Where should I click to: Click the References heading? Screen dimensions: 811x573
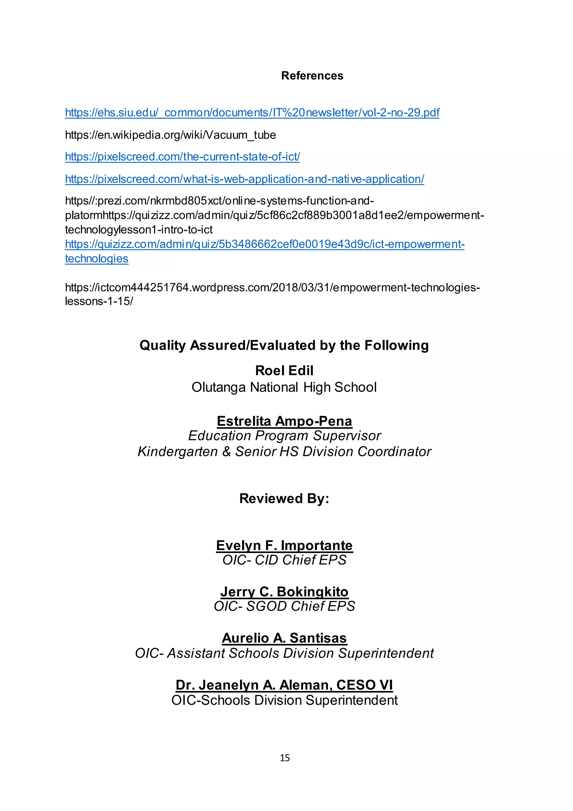click(x=312, y=76)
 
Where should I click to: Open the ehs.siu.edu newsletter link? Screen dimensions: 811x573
click(x=252, y=113)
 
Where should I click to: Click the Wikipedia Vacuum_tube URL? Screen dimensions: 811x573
click(x=170, y=135)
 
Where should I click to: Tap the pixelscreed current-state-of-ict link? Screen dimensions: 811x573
click(x=182, y=157)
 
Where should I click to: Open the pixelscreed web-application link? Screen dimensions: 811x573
click(x=244, y=179)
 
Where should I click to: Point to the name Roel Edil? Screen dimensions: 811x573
click(x=284, y=370)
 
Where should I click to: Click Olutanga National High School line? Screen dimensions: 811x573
click(x=284, y=387)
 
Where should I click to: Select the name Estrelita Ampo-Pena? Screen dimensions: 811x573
click(x=284, y=421)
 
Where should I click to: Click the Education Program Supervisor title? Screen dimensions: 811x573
click(x=284, y=436)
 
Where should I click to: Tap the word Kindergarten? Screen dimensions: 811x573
click(x=177, y=452)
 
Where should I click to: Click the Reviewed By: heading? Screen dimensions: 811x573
click(x=284, y=498)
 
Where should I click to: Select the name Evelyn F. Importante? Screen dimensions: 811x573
click(x=284, y=545)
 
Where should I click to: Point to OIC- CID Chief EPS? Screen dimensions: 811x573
click(x=284, y=560)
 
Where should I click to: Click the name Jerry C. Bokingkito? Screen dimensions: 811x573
click(x=284, y=592)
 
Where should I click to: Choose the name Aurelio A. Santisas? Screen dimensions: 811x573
click(x=284, y=638)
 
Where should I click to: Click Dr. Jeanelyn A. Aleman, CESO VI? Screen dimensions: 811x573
click(x=284, y=685)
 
